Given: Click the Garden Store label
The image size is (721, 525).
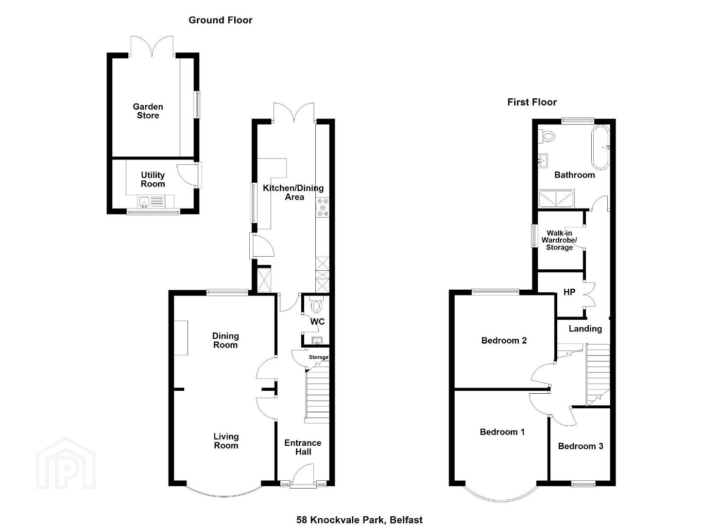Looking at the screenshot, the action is click(x=148, y=111).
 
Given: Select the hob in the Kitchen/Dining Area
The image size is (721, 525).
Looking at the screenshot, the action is click(x=323, y=208).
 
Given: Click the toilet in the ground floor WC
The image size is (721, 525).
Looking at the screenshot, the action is click(x=317, y=304).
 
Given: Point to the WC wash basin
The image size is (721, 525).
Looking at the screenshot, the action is click(x=317, y=341).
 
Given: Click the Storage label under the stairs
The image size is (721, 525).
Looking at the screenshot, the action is click(x=318, y=357).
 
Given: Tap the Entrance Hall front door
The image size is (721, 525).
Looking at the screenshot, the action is click(x=303, y=473).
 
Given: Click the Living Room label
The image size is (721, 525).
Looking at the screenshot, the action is click(x=226, y=441).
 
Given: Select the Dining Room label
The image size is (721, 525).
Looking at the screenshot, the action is click(x=225, y=340).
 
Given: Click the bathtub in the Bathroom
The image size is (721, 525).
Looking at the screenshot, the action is click(x=601, y=147).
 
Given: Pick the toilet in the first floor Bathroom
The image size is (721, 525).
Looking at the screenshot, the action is click(x=547, y=136).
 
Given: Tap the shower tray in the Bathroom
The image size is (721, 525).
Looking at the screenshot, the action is click(x=556, y=198).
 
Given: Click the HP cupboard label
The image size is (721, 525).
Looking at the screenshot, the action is click(x=569, y=292).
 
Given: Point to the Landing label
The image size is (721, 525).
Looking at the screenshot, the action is click(x=585, y=329).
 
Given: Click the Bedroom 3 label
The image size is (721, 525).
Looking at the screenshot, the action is click(x=580, y=446).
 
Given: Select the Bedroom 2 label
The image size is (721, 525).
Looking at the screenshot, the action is click(x=504, y=340).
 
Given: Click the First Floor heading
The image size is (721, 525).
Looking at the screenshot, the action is click(x=532, y=102).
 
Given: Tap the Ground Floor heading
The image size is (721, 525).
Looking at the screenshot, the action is click(x=220, y=20).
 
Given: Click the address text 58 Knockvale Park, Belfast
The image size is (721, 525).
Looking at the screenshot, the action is click(x=359, y=511).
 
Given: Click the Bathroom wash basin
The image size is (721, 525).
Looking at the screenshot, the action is click(x=543, y=160).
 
